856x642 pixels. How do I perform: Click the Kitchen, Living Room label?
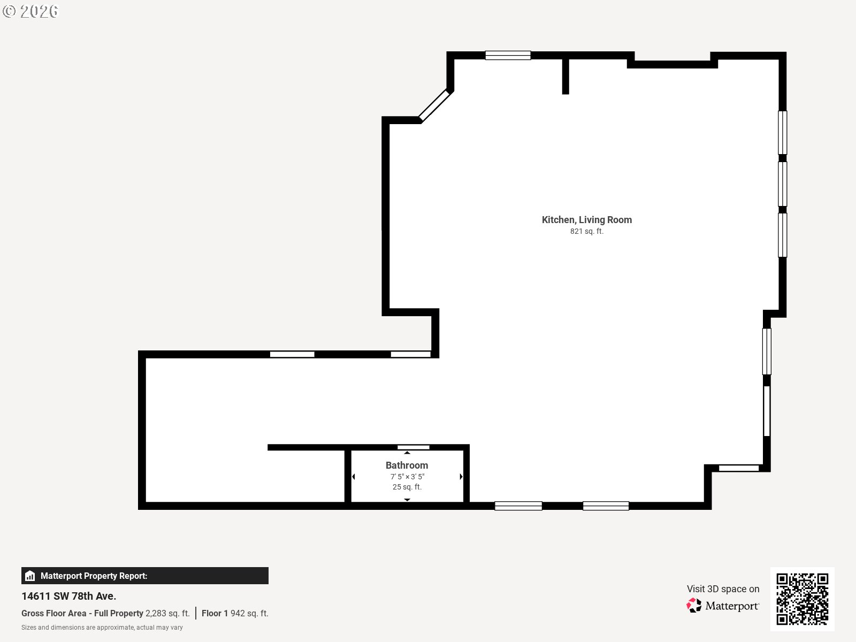point(586,220)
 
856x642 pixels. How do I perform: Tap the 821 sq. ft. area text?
point(586,231)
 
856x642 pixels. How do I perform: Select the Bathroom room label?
point(407,465)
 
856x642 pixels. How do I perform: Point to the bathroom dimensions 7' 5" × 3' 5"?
point(407,476)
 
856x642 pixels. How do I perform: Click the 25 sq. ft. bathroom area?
point(407,487)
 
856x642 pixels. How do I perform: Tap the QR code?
point(802,599)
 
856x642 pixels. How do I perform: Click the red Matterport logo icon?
point(694,606)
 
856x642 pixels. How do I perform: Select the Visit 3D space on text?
point(723,588)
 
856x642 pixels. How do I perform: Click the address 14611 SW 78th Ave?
point(68,596)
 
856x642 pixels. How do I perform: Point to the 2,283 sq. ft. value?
point(167,613)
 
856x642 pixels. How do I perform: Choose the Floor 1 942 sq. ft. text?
point(235,613)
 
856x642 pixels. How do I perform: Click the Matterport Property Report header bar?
point(144,576)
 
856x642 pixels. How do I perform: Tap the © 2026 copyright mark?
point(30,11)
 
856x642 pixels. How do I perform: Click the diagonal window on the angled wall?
point(434,105)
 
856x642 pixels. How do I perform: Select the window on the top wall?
point(508,55)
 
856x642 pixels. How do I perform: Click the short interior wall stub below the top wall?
point(565,77)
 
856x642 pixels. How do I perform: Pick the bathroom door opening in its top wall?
point(414,447)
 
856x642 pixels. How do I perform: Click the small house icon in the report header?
point(30,576)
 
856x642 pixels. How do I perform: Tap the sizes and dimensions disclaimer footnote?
point(102,628)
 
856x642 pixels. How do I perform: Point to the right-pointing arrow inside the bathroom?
point(461,476)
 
